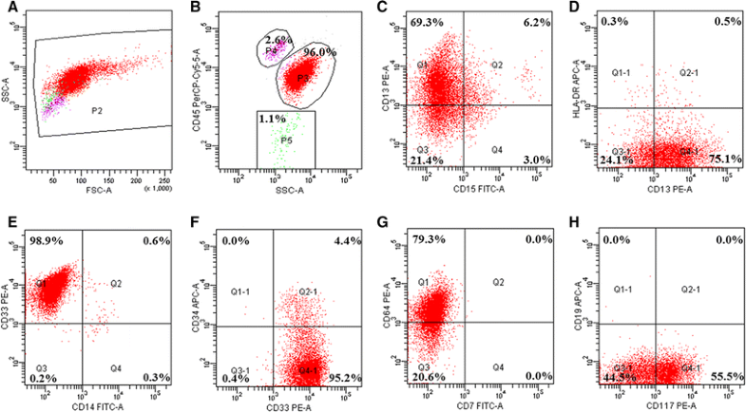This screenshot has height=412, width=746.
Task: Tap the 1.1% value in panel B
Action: (272, 120)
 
